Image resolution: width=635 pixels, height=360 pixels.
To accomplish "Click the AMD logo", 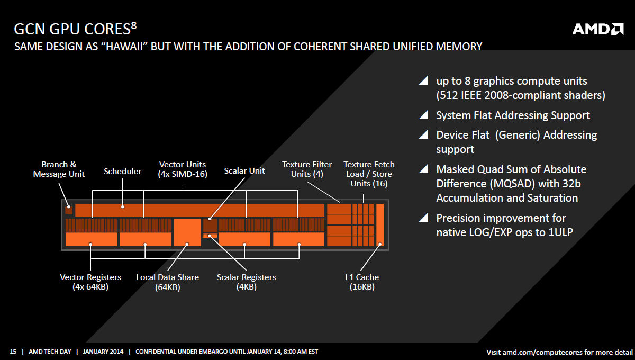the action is [598, 29].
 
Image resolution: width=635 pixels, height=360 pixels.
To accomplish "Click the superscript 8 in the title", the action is [134, 26].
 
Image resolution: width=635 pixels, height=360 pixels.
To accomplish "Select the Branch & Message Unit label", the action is [59, 169].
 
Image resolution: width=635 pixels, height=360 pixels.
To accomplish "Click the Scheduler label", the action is [122, 172].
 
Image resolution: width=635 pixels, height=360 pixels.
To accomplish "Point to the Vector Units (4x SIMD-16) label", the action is [183, 169].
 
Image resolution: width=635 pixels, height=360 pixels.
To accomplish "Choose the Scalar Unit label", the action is [244, 171].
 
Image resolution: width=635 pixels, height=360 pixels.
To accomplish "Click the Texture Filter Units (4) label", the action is [307, 169].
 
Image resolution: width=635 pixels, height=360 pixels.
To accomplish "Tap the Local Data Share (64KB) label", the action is [168, 282].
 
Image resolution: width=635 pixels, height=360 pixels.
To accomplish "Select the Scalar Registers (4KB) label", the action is [247, 282].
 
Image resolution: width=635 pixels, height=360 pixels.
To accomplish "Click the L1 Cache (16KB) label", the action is [362, 282].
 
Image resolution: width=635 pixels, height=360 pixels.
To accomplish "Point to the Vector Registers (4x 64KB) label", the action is [90, 282].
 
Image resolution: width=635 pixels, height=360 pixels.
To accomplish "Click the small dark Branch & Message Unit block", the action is [69, 210].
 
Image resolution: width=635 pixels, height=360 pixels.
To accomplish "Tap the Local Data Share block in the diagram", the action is [187, 232].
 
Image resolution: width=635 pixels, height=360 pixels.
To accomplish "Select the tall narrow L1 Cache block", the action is [380, 225].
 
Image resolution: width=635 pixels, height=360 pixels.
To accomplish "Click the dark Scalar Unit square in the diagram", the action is [210, 226].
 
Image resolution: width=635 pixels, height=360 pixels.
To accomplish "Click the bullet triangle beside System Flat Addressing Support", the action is [423, 115].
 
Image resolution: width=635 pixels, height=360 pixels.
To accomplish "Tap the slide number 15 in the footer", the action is [13, 352].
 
